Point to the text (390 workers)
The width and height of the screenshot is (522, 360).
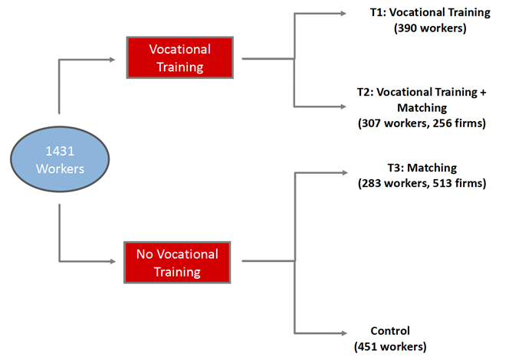429,28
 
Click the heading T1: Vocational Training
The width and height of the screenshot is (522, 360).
429,12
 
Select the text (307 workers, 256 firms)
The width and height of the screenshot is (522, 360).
422,123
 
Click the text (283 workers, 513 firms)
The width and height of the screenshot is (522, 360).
422,183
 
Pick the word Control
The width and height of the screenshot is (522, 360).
390,331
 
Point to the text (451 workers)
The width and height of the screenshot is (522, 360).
390,346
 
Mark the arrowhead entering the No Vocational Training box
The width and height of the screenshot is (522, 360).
121,262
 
